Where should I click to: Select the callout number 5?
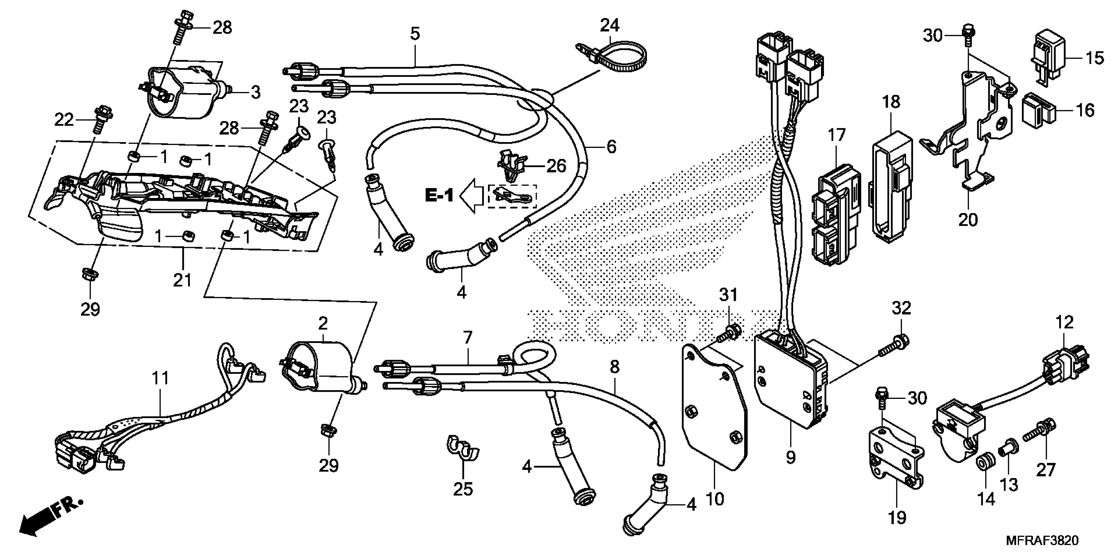tap(415, 34)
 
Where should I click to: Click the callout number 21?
tap(182, 280)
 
